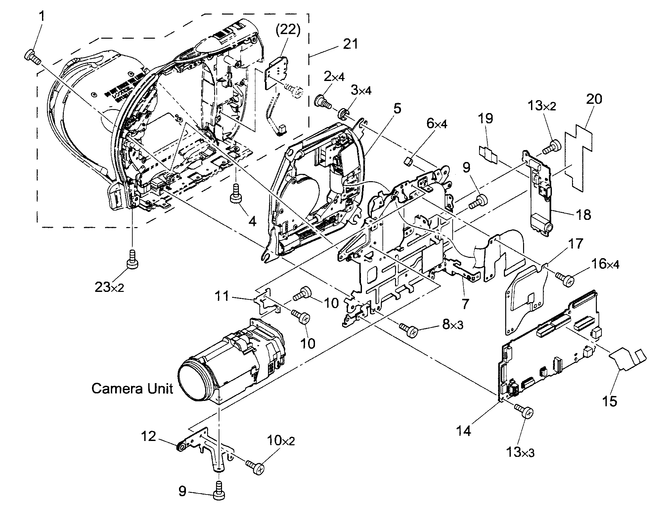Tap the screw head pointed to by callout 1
(x=29, y=54)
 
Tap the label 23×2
(x=110, y=288)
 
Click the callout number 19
(x=486, y=118)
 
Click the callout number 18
(x=583, y=215)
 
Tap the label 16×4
(x=605, y=264)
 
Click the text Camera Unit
(x=132, y=388)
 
